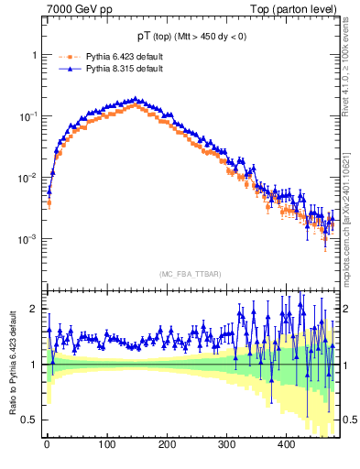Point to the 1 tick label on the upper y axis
(x=34, y=55)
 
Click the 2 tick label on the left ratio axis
(x=34, y=309)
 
